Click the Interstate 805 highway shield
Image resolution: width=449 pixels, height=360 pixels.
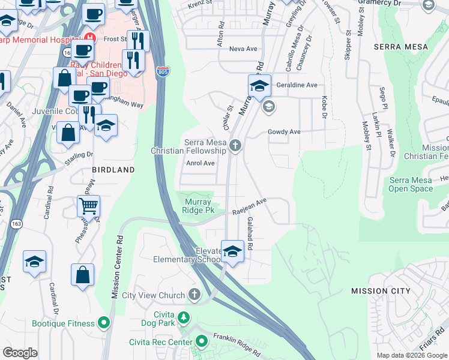coord(163,71)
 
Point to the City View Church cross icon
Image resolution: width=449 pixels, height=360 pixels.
coord(193,295)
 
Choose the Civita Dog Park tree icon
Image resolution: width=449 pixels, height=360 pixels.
coord(183,317)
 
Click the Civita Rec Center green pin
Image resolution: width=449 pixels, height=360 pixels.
coord(201,342)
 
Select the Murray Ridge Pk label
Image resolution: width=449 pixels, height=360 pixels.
coord(198,206)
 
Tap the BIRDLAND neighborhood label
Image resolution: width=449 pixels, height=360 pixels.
coord(113,170)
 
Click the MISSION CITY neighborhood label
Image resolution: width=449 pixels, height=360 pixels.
coord(381,291)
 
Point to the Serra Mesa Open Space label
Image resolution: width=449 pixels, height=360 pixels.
coord(411,184)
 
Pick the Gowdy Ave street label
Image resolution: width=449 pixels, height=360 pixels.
coord(283,131)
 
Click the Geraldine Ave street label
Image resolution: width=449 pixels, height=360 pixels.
coord(296,85)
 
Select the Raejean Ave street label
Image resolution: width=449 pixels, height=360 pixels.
coord(249,207)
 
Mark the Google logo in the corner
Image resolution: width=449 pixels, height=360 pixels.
coord(20,353)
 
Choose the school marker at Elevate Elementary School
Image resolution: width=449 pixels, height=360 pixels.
coord(232,252)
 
